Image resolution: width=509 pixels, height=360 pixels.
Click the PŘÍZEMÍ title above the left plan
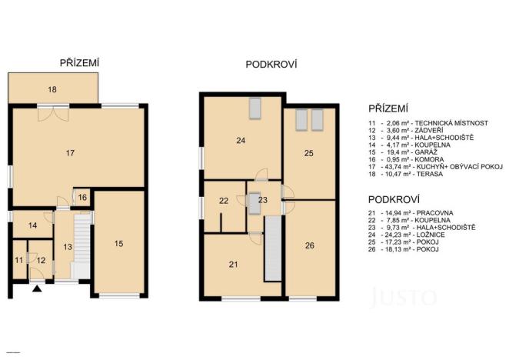point(81,63)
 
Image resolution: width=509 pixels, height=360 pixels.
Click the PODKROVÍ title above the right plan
point(271,65)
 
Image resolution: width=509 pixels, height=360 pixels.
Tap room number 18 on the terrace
point(52,90)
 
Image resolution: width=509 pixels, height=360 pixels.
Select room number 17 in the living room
point(70,154)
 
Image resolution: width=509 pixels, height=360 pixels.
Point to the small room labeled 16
point(82,198)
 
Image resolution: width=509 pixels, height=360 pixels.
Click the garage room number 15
point(118,244)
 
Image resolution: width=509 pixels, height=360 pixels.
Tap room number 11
point(19,261)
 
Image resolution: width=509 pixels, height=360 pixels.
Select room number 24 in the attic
point(241,140)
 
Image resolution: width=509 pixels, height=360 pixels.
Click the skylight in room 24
point(255,109)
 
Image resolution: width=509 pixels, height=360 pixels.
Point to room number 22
point(224,201)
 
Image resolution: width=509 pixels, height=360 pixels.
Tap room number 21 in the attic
point(233,265)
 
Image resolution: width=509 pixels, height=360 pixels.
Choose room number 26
point(309,246)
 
